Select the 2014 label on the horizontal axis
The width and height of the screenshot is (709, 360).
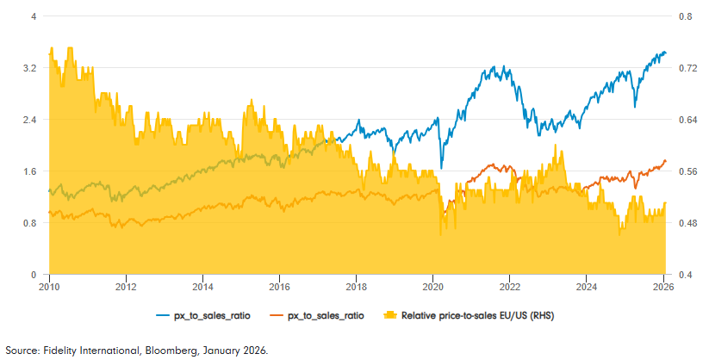coord(202,287)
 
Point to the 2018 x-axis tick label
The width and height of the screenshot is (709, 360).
coord(356,287)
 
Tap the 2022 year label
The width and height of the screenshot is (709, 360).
coord(510,287)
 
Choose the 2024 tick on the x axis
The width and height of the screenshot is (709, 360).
coord(587,287)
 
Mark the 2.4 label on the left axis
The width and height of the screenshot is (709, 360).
coord(29,120)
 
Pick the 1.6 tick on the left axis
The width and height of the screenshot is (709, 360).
coord(29,171)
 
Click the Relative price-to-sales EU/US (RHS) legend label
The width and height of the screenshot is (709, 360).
coord(466,316)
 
